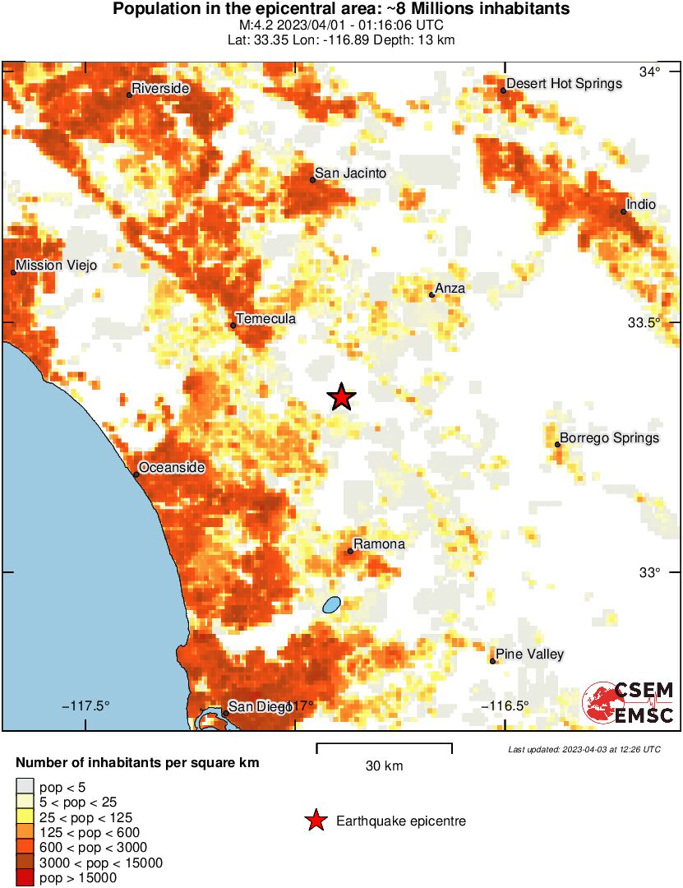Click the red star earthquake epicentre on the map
341,397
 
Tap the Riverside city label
160,89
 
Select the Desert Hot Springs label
564,84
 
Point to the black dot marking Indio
623,211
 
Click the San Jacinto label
351,173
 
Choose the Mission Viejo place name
57,266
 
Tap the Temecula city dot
233,326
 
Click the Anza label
450,288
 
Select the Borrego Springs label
609,438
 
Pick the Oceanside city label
171,468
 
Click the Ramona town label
379,544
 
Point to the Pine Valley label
529,654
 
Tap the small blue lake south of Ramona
331,605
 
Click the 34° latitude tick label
651,72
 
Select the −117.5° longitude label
86,705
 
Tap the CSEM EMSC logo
628,703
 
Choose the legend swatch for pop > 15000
25,878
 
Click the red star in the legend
315,821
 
